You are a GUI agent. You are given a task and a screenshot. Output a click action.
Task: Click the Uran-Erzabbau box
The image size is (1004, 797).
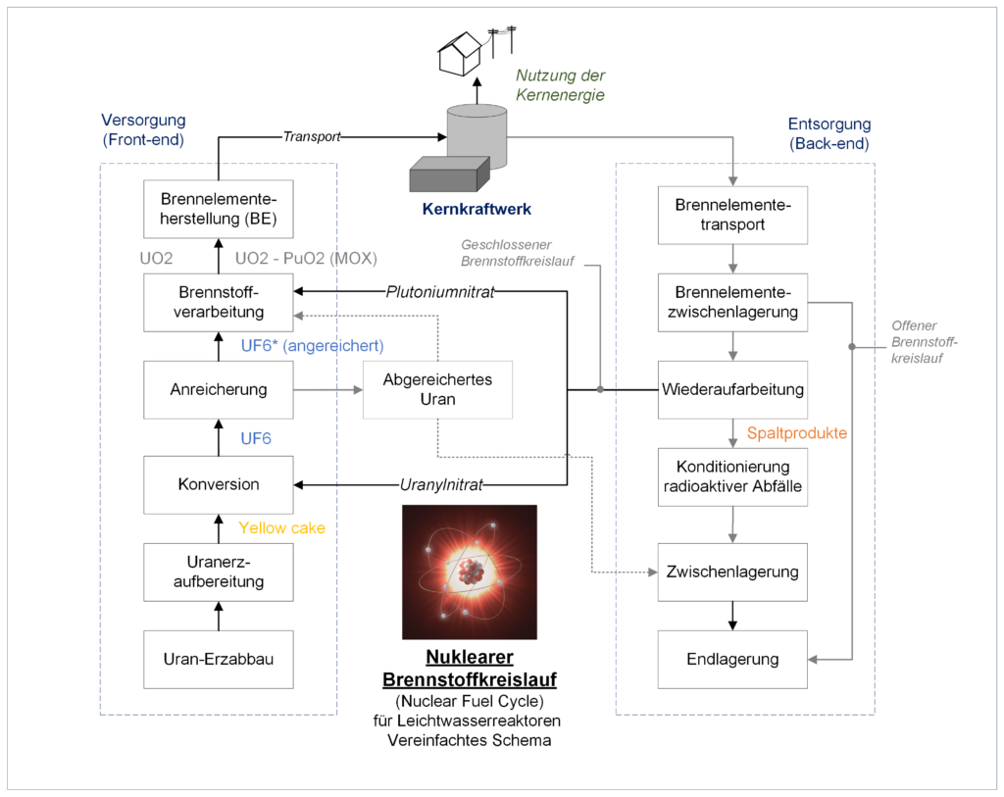[x=219, y=660]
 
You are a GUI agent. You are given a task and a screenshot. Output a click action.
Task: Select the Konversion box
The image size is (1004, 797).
[x=219, y=484]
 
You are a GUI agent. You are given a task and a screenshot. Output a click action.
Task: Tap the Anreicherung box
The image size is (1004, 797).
[x=219, y=390]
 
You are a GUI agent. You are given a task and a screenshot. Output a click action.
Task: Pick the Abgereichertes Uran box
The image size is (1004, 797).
[x=438, y=390]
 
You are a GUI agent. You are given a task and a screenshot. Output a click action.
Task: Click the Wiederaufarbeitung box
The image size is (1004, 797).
[x=732, y=390]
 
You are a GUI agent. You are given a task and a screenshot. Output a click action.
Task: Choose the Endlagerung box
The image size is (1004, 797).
[x=732, y=660]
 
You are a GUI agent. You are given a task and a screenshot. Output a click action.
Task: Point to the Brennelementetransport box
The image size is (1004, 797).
[x=732, y=215]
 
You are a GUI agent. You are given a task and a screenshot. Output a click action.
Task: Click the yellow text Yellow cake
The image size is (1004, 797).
[x=281, y=528]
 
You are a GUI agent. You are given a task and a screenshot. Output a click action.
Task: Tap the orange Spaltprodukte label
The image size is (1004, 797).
[x=797, y=433]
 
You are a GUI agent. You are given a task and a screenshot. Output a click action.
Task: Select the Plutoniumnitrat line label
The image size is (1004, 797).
[x=440, y=292]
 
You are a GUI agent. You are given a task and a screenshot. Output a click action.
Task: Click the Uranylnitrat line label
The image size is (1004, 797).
[x=441, y=485]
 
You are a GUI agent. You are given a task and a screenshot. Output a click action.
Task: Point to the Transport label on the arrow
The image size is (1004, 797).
[x=312, y=137]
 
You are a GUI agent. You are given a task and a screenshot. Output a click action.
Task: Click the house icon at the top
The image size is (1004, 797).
[x=460, y=54]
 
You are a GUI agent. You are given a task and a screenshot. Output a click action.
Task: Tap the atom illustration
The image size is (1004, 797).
[x=470, y=573]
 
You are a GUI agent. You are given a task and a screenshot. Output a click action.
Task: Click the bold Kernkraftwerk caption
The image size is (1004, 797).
[x=477, y=210]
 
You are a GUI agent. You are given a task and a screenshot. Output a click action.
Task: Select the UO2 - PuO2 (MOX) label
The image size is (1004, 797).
[x=306, y=259]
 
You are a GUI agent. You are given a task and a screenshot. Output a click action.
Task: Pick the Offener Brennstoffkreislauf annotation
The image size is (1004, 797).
[x=924, y=342]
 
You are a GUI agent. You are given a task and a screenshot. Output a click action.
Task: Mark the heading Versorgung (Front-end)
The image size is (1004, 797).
[x=143, y=130]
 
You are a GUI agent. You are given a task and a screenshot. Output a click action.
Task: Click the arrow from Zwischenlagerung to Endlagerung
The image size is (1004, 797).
[x=732, y=616]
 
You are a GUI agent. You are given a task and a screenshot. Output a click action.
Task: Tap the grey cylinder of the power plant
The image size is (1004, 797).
[x=477, y=136]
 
